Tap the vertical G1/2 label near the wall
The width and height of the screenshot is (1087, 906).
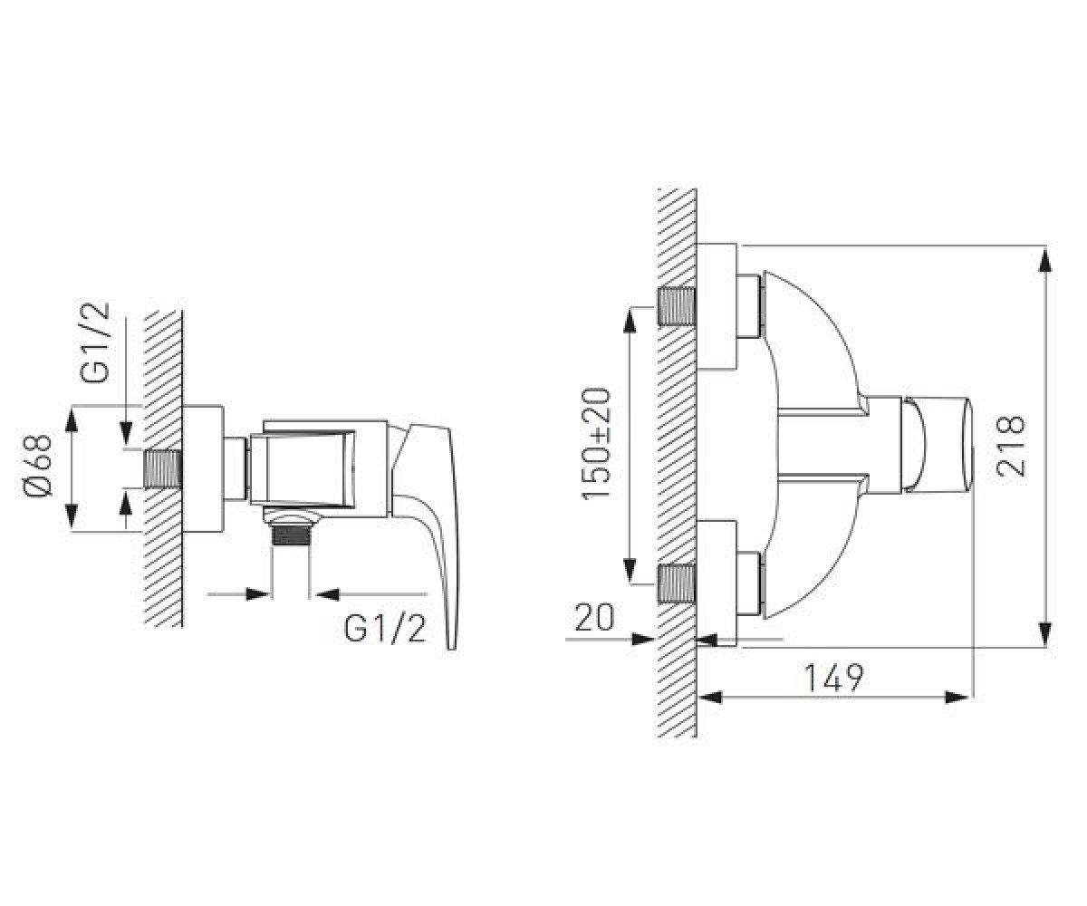95,342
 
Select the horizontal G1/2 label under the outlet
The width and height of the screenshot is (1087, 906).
385,629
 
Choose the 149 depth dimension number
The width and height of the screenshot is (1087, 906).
834,678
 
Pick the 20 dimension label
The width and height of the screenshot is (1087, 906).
594,617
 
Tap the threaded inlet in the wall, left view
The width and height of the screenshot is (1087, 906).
162,469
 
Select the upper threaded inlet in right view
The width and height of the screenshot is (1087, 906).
677,307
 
